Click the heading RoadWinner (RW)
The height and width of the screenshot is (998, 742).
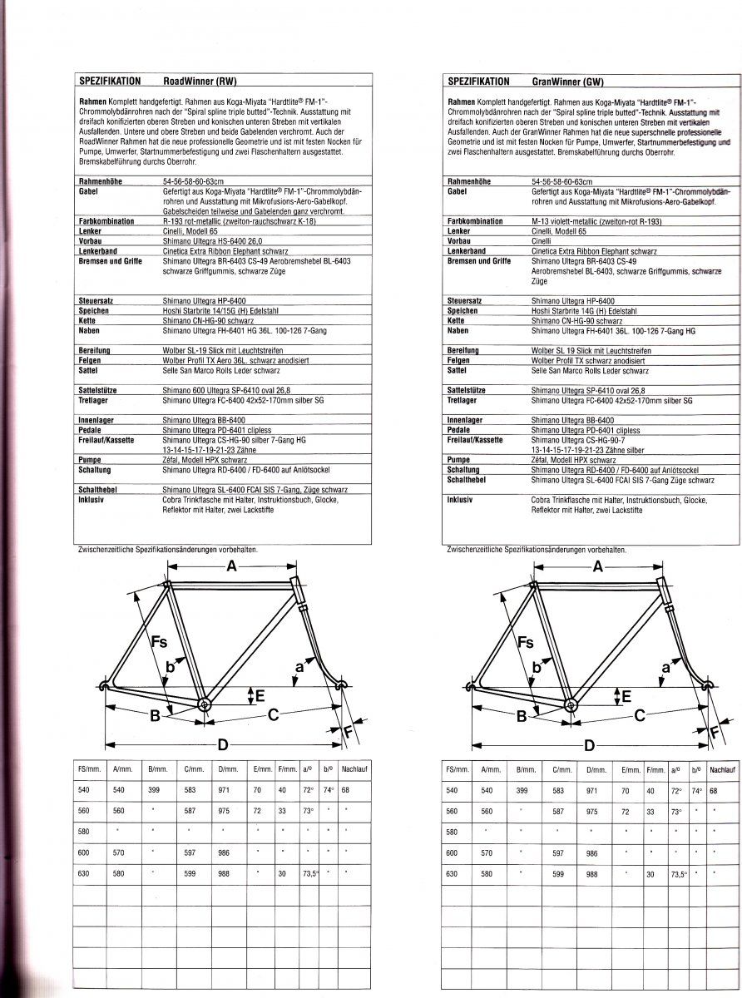[x=200, y=82]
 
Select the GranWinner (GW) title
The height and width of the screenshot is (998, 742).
[x=567, y=82]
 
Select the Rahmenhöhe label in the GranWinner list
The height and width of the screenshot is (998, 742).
[x=469, y=181]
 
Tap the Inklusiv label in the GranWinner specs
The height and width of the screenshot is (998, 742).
[x=460, y=500]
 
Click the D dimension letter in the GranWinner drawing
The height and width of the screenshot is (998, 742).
[x=589, y=745]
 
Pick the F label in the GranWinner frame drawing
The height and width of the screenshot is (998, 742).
[x=714, y=732]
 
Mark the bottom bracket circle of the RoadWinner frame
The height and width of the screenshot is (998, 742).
[x=204, y=704]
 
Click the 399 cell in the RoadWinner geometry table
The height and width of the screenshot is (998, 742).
[x=154, y=790]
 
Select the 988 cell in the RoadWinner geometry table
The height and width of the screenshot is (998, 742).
[x=224, y=874]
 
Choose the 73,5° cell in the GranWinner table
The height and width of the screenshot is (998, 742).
[x=678, y=874]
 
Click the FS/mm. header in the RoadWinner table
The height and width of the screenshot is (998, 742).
[x=86, y=769]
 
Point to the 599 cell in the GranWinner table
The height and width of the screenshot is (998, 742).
[x=557, y=874]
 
